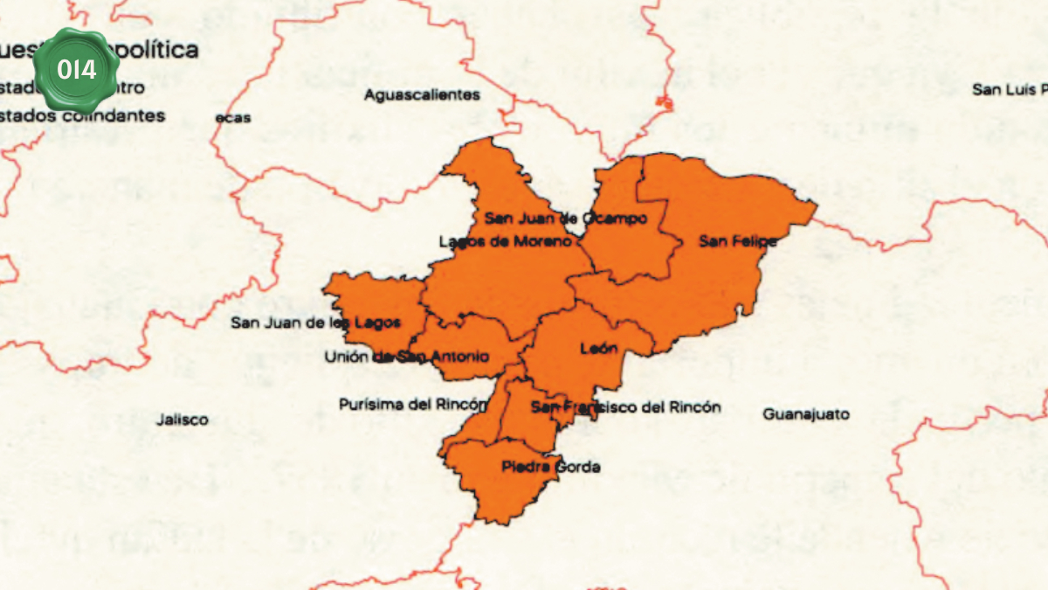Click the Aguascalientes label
pyautogui.click(x=422, y=94)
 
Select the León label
pyautogui.click(x=599, y=349)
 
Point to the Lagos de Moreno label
pyautogui.click(x=506, y=241)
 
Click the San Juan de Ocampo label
pyautogui.click(x=566, y=218)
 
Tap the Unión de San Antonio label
pyautogui.click(x=407, y=357)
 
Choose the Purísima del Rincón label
pyautogui.click(x=412, y=404)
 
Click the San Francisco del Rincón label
pyautogui.click(x=626, y=406)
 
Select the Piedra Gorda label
pyautogui.click(x=551, y=467)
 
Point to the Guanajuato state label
pyautogui.click(x=806, y=414)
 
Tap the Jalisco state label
pyautogui.click(x=183, y=420)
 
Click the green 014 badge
pyautogui.click(x=76, y=68)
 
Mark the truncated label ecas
pyautogui.click(x=233, y=118)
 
